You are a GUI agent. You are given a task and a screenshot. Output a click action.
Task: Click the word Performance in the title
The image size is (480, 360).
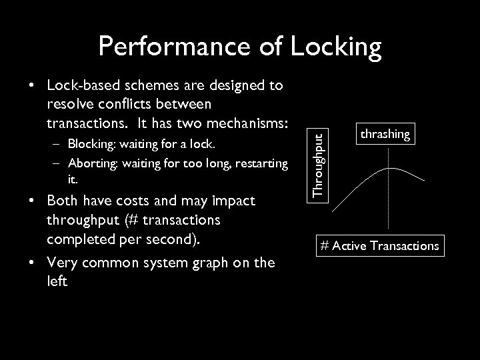170,46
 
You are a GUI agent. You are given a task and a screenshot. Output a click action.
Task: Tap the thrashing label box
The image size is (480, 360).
385,134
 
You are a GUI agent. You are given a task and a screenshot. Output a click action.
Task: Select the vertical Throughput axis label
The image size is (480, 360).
321,164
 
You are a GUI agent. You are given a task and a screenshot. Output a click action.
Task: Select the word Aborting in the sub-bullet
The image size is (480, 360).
91,163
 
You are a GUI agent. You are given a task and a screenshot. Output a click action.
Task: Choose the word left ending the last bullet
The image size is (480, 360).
57,281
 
